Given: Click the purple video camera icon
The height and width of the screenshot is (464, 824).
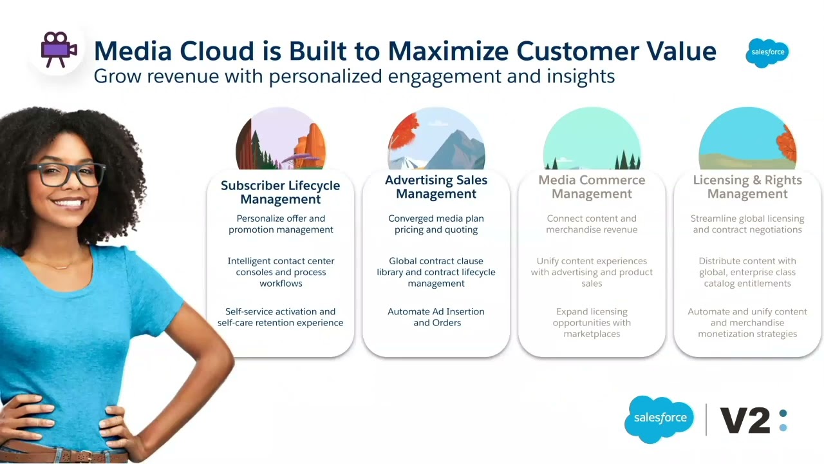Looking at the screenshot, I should [59, 49].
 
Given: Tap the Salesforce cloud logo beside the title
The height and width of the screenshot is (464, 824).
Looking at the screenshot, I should [767, 52].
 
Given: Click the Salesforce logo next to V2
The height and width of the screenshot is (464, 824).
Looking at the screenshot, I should [660, 418].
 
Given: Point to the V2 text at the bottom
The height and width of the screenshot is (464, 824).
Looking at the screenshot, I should [745, 421].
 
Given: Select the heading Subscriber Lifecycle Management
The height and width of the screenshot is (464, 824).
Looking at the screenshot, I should [280, 192].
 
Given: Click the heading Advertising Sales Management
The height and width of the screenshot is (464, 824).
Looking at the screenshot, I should [436, 187].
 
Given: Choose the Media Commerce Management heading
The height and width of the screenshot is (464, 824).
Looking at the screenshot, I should [592, 187].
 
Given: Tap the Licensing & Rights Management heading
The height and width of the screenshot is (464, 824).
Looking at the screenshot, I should [747, 187].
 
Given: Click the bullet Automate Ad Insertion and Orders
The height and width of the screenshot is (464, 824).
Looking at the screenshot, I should [436, 317].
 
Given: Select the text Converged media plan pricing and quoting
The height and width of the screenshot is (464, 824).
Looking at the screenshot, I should [436, 224].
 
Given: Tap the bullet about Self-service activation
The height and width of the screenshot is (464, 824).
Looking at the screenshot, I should [280, 317].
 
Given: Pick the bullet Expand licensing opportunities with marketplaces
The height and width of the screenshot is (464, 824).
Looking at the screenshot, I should [592, 322].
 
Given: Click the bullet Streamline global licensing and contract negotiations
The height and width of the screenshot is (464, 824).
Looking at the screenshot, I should [747, 224].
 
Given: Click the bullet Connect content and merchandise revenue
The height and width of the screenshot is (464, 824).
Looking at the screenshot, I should [592, 224].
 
